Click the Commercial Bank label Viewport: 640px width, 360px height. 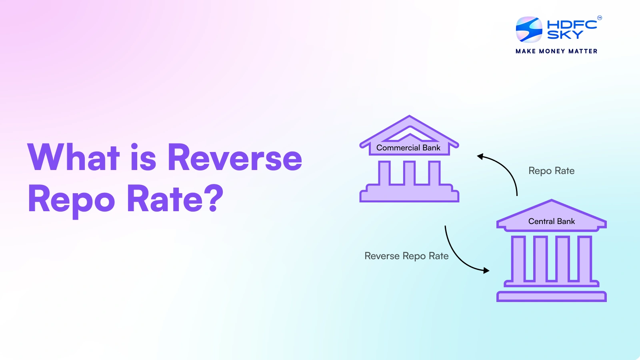408,148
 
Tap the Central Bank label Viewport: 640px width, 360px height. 552,221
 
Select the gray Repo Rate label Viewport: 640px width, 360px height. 552,171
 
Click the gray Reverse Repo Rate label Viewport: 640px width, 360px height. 406,256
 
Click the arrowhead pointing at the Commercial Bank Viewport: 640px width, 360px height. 480,156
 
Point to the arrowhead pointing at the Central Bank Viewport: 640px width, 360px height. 486,270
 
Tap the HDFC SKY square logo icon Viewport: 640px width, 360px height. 529,30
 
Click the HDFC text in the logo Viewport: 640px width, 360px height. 572,24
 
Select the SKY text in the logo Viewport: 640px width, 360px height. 565,34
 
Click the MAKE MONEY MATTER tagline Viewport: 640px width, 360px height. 556,51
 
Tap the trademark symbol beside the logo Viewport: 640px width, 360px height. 600,18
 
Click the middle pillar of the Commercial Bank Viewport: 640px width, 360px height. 409,172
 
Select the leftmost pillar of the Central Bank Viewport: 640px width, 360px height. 518,258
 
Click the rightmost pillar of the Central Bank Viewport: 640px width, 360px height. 584,258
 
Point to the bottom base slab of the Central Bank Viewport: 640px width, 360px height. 552,296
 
